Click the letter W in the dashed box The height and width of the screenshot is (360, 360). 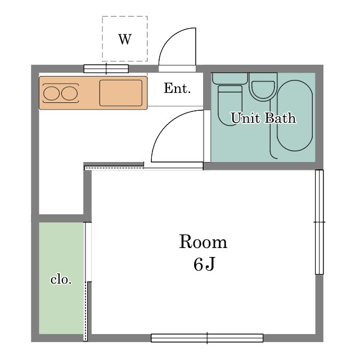tap(125, 39)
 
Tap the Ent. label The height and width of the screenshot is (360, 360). tap(177, 88)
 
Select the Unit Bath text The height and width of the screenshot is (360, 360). tap(263, 118)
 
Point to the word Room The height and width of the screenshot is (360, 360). tap(203, 241)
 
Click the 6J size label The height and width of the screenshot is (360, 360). tap(204, 264)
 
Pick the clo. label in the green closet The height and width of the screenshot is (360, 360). tap(61, 280)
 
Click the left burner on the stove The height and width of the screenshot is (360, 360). tap(51, 93)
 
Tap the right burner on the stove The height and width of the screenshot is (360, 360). tap(69, 93)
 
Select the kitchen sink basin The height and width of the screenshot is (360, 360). tap(121, 93)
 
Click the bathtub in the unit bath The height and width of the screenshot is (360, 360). tap(295, 115)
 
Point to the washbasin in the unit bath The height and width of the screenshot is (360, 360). tap(263, 87)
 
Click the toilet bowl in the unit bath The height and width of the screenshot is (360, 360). tap(230, 105)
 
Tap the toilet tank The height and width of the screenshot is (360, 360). tap(230, 78)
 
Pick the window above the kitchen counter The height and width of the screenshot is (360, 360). tap(106, 69)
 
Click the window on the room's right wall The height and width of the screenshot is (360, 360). tap(319, 222)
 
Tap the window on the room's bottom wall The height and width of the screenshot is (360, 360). tap(207, 338)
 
